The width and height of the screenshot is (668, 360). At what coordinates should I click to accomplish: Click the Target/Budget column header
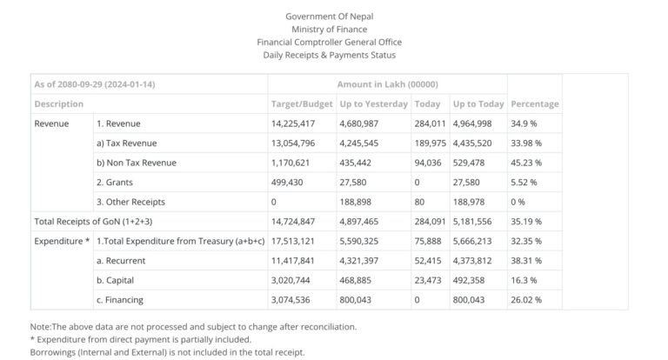302,103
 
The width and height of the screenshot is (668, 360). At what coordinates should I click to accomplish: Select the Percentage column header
535,103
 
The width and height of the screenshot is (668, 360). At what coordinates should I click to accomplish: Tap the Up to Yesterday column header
373,103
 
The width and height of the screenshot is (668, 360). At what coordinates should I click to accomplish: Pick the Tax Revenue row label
126,143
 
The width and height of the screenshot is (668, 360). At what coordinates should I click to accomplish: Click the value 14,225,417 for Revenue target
294,123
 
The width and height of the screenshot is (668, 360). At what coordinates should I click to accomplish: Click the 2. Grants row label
117,182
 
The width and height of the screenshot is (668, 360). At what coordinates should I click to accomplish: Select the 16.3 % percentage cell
524,280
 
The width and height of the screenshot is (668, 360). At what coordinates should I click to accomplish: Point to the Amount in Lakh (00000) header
387,84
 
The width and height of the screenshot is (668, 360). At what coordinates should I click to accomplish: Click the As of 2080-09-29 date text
95,84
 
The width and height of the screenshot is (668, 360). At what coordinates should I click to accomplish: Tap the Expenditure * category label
62,241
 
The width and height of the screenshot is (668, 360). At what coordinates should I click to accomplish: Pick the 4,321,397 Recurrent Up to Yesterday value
365,261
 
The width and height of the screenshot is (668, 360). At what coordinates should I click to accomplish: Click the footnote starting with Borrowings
167,352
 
